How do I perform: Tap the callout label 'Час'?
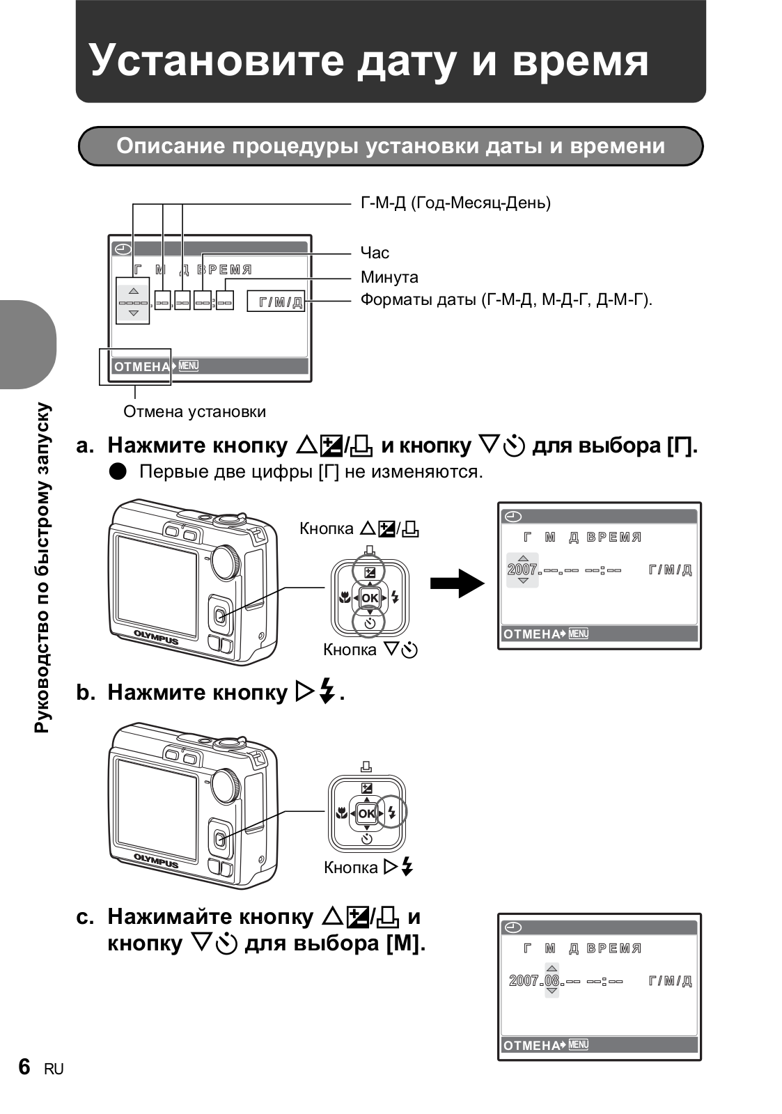coord(375,253)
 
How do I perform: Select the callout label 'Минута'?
coord(389,277)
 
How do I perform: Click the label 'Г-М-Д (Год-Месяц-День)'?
coord(455,203)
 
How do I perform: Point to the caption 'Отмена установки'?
coord(194,411)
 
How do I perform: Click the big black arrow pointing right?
coord(456,583)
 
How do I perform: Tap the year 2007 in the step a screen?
coord(522,570)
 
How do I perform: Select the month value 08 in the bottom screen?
coord(552,981)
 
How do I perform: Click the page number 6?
coord(25,1067)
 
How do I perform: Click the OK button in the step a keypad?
coord(370,597)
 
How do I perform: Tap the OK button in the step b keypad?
coord(367,813)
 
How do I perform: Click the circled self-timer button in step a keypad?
coord(370,621)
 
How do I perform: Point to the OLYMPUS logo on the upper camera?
coord(156,637)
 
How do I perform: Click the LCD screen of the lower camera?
coord(157,810)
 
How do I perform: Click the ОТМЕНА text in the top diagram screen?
coord(141,367)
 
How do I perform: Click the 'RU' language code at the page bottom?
coord(54,1069)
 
